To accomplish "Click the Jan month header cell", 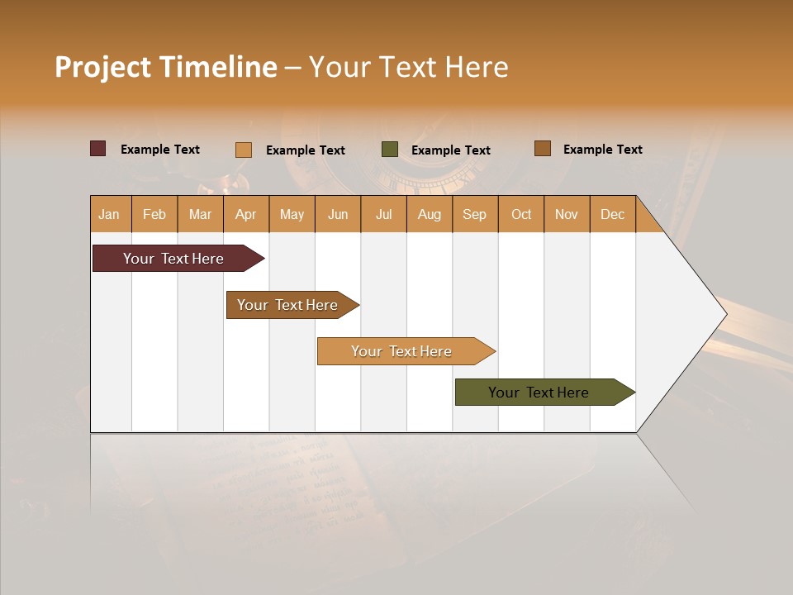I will (109, 214).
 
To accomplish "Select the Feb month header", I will (154, 214).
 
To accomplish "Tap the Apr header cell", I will (245, 214).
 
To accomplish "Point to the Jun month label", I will (338, 214).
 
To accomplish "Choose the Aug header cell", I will (430, 214).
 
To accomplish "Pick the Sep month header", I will (475, 214).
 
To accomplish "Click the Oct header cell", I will (521, 214).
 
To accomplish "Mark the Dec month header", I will (613, 214).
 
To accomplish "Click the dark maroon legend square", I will (98, 149).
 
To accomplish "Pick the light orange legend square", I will (244, 150).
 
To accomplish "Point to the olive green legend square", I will (390, 150).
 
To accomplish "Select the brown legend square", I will (543, 149).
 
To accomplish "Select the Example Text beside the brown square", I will (602, 149).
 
